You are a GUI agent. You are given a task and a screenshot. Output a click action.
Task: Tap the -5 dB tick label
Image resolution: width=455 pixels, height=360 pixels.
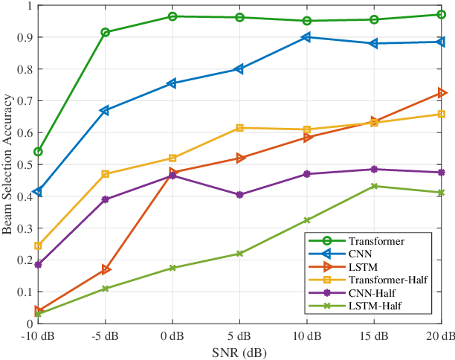coord(105,335)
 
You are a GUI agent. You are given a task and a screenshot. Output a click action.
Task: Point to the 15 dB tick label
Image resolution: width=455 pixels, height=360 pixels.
coord(374,335)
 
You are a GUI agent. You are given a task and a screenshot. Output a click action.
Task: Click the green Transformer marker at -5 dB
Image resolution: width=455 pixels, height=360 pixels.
coord(106,32)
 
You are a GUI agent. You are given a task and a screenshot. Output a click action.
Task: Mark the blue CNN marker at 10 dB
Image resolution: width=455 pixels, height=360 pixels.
coord(307,37)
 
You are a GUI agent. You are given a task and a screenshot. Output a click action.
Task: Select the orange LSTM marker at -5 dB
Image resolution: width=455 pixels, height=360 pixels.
coord(106,269)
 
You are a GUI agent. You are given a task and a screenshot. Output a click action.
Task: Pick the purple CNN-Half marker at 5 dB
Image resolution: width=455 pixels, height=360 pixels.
coord(239,195)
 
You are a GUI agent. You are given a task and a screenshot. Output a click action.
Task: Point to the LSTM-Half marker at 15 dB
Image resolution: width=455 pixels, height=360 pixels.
coord(374,186)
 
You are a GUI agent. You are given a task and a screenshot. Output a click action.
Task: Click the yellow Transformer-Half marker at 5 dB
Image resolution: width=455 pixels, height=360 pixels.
coord(239,128)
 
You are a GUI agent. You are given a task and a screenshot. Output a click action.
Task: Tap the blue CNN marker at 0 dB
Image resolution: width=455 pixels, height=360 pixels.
coord(172,83)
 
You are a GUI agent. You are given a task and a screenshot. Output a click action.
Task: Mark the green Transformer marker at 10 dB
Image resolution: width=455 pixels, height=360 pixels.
coord(307,21)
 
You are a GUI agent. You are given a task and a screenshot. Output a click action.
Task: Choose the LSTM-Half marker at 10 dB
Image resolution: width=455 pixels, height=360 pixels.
coord(307,220)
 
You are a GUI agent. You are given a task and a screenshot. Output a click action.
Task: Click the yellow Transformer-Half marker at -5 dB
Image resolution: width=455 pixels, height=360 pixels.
coord(106,174)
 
